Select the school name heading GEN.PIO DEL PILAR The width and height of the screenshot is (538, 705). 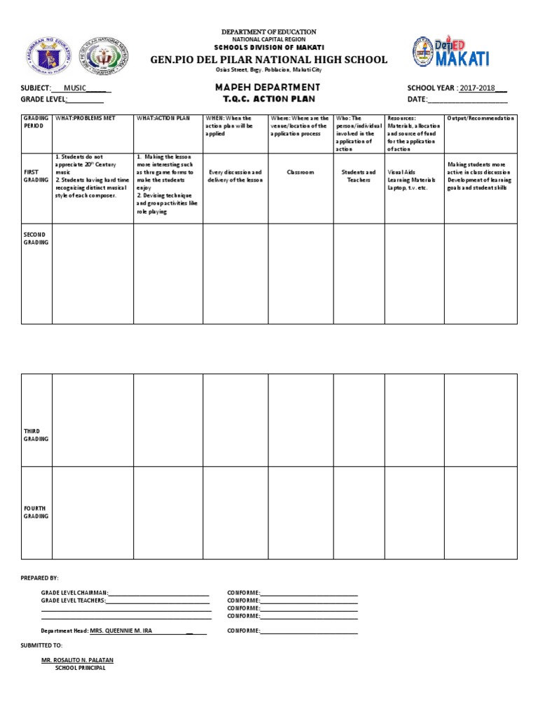tap(268, 60)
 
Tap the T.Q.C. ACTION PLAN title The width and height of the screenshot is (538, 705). tap(269, 100)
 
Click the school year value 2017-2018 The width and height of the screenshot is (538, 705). tap(477, 88)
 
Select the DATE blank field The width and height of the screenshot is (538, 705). tap(467, 100)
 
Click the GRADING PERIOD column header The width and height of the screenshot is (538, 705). tap(36, 122)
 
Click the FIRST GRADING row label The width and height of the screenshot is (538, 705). tap(36, 176)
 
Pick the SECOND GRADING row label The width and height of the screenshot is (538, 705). tap(36, 238)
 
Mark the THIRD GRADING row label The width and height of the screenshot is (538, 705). tap(36, 434)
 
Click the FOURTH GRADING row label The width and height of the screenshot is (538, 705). tap(36, 512)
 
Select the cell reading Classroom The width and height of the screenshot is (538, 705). tap(301, 172)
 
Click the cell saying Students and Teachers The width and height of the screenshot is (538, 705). tap(359, 176)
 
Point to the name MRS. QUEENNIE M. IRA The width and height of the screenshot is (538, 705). tap(121, 631)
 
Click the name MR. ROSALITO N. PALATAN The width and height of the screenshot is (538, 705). tap(77, 660)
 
